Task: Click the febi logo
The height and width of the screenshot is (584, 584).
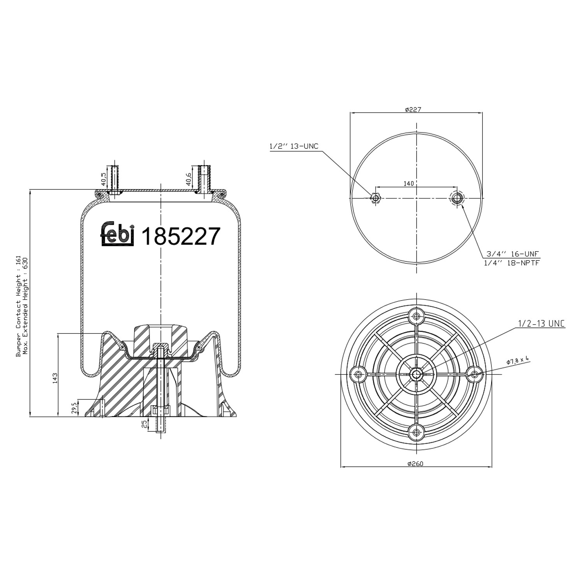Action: tap(118, 234)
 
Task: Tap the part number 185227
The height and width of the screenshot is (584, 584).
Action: tap(181, 236)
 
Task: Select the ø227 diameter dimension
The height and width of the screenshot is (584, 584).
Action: tap(413, 110)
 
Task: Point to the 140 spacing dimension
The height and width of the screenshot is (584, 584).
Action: tap(408, 183)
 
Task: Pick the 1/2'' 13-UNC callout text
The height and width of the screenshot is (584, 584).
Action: tap(294, 146)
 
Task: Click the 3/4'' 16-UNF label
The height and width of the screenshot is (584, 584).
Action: tap(512, 253)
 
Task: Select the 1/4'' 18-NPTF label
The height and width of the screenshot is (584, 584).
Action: tap(512, 263)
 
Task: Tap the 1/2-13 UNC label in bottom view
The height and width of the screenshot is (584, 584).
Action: tap(541, 324)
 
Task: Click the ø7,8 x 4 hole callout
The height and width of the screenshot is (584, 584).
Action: tap(518, 361)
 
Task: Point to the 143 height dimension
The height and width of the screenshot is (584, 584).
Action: tap(55, 378)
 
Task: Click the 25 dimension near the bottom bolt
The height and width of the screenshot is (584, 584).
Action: tap(145, 424)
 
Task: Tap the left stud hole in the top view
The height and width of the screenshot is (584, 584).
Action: tap(375, 198)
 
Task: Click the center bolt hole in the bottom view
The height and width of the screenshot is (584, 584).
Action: tap(416, 374)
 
